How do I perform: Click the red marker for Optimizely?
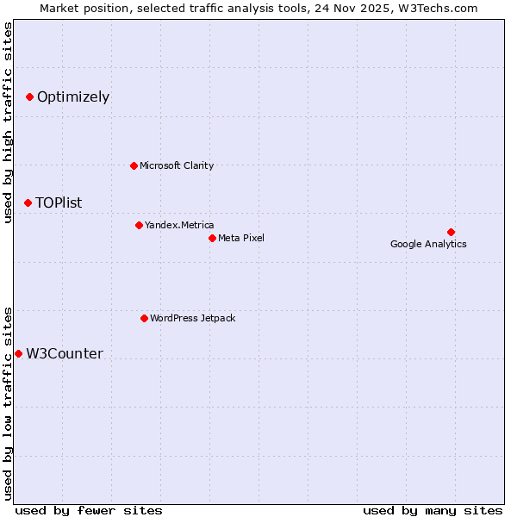[x=30, y=97]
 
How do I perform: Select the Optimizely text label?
[x=73, y=97]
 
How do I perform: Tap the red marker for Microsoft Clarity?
[x=134, y=165]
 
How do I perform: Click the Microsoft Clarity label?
[x=177, y=165]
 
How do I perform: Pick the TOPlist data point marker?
[x=28, y=202]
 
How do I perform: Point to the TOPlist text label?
[x=59, y=203]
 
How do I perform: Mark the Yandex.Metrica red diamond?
[x=139, y=225]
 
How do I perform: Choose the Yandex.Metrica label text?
[x=179, y=225]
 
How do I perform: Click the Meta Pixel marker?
[x=212, y=238]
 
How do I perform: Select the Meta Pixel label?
[x=241, y=238]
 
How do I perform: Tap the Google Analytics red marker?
[x=451, y=232]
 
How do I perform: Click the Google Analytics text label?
[x=428, y=245]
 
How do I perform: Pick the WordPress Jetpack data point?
[x=144, y=318]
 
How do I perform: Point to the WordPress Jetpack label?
[x=193, y=318]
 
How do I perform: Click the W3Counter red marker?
[x=18, y=353]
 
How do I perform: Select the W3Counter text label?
[x=65, y=354]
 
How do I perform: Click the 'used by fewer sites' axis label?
[x=89, y=510]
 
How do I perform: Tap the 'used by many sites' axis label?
[x=433, y=510]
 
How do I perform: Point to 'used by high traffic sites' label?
[x=9, y=122]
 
